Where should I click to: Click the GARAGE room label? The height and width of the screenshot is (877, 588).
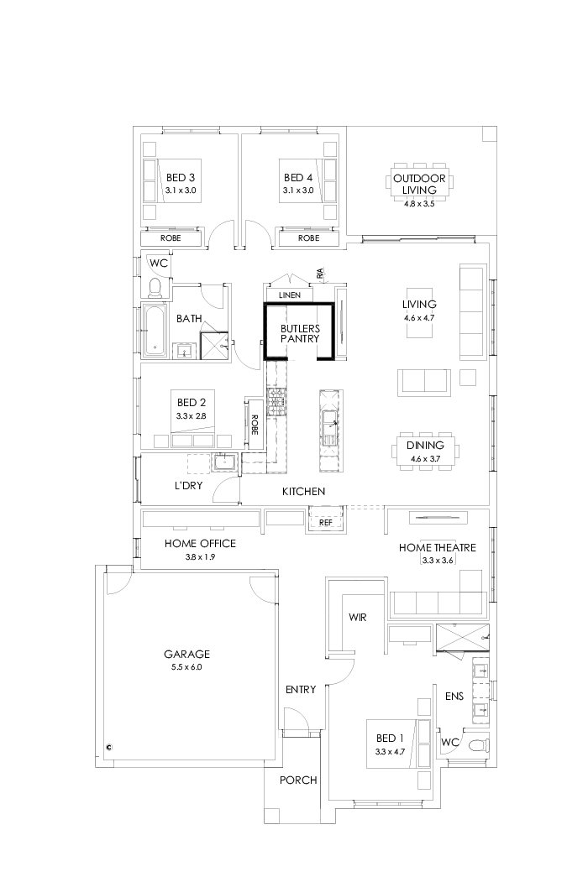point(187,654)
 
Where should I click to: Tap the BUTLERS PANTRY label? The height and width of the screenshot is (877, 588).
point(299,334)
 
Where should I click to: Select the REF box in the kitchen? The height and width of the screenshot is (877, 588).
point(327,522)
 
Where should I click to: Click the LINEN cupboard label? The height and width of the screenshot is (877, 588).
point(289,295)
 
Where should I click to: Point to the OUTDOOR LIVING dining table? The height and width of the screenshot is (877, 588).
point(419,183)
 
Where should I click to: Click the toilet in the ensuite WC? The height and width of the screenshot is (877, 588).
point(476,744)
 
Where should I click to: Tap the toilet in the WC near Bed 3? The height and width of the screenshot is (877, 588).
point(155,288)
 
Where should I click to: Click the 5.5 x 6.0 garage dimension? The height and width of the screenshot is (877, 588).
point(187,667)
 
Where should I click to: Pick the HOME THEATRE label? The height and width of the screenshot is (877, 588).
point(437,547)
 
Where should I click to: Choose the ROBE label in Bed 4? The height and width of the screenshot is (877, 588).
point(308,238)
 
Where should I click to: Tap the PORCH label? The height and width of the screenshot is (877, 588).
point(298,780)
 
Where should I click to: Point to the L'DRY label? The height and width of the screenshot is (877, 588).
point(191,486)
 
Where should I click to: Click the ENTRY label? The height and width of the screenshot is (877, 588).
point(300,690)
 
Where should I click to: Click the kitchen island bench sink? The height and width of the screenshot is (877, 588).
point(330,425)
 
